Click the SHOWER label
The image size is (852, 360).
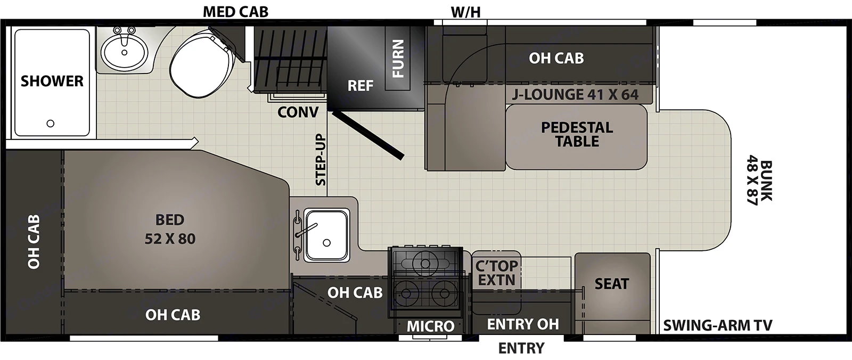[52, 81]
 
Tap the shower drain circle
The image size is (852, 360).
[51, 124]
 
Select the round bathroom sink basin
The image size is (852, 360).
[125, 52]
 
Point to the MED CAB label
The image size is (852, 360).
[235, 12]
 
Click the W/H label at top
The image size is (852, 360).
[466, 12]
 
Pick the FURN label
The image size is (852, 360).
[398, 59]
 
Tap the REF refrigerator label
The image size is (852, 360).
[361, 86]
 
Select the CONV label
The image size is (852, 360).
[298, 112]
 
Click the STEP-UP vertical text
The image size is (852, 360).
[321, 160]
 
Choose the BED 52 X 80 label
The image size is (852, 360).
[170, 229]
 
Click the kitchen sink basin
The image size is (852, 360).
[326, 234]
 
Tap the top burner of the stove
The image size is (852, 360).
[424, 263]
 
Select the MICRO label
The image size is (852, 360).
[431, 326]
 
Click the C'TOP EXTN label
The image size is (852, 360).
[496, 273]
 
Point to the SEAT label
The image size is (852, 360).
[612, 284]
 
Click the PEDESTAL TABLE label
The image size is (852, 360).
[577, 134]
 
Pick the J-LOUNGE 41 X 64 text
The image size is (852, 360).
[575, 95]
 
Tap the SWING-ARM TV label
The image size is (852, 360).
[717, 325]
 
